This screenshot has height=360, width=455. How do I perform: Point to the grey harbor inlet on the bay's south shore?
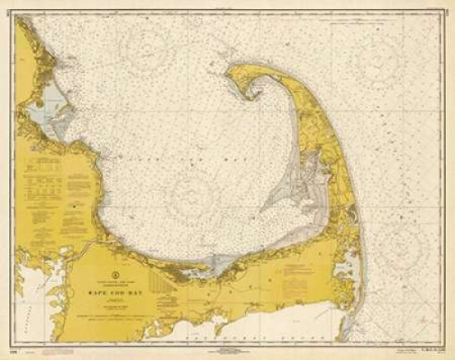(x=217, y=265)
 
